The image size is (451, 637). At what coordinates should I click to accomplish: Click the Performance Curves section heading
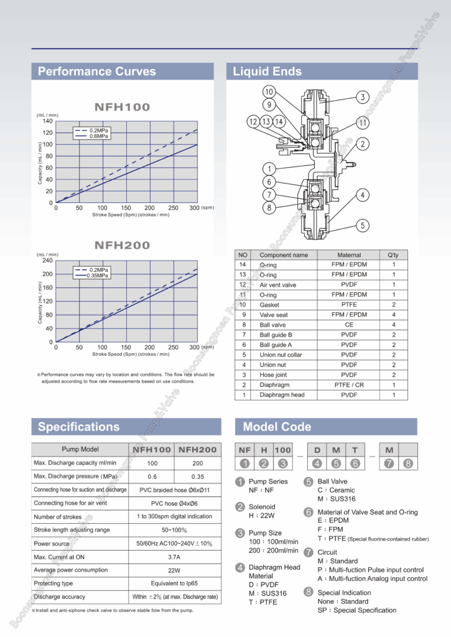pos(97,72)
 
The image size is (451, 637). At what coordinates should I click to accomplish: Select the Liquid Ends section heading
pos(267,72)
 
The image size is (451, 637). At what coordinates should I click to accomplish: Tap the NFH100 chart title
pos(123,107)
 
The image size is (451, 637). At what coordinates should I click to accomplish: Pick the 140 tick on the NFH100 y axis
pos(48,121)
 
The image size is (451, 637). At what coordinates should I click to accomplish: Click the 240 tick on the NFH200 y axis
pos(47,261)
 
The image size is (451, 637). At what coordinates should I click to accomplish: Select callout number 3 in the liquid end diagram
pos(362,97)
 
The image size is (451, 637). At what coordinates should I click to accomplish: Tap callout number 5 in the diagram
pos(362,225)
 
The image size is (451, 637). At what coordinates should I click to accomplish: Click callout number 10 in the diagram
pos(269,92)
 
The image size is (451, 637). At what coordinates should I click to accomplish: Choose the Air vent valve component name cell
pos(278,285)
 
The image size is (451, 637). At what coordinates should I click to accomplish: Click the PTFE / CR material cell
pos(349,385)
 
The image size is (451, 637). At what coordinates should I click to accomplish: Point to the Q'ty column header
pos(393,255)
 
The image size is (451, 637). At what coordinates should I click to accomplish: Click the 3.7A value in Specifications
pos(174,557)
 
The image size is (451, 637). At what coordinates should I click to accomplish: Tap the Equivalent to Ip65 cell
pos(174,584)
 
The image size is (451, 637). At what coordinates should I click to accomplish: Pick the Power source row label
pos(52,544)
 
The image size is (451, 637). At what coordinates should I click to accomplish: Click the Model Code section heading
pos(277,427)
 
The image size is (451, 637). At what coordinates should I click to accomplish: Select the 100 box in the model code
pos(282,449)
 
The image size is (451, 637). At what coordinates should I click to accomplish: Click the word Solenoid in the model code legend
pos(262,507)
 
